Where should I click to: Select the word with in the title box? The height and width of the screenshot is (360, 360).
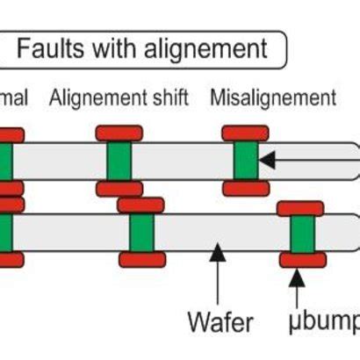112,48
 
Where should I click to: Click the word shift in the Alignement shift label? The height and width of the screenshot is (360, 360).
168,97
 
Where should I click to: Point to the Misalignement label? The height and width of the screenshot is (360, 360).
272,97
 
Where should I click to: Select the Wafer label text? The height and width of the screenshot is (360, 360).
220,321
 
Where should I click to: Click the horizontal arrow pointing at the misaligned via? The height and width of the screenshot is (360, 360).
307,162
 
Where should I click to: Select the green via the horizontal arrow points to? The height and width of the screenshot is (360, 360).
245,162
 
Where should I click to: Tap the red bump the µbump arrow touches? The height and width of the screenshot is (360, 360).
302,260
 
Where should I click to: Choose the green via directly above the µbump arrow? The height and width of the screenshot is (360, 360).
302,234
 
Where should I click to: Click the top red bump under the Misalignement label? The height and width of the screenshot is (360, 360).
245,133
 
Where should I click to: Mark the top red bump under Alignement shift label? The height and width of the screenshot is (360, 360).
119,133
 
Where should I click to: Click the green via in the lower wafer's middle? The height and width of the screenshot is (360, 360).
140,233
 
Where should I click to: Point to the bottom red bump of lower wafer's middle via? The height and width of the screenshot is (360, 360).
140,260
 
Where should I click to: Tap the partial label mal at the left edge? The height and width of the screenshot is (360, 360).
14,97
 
